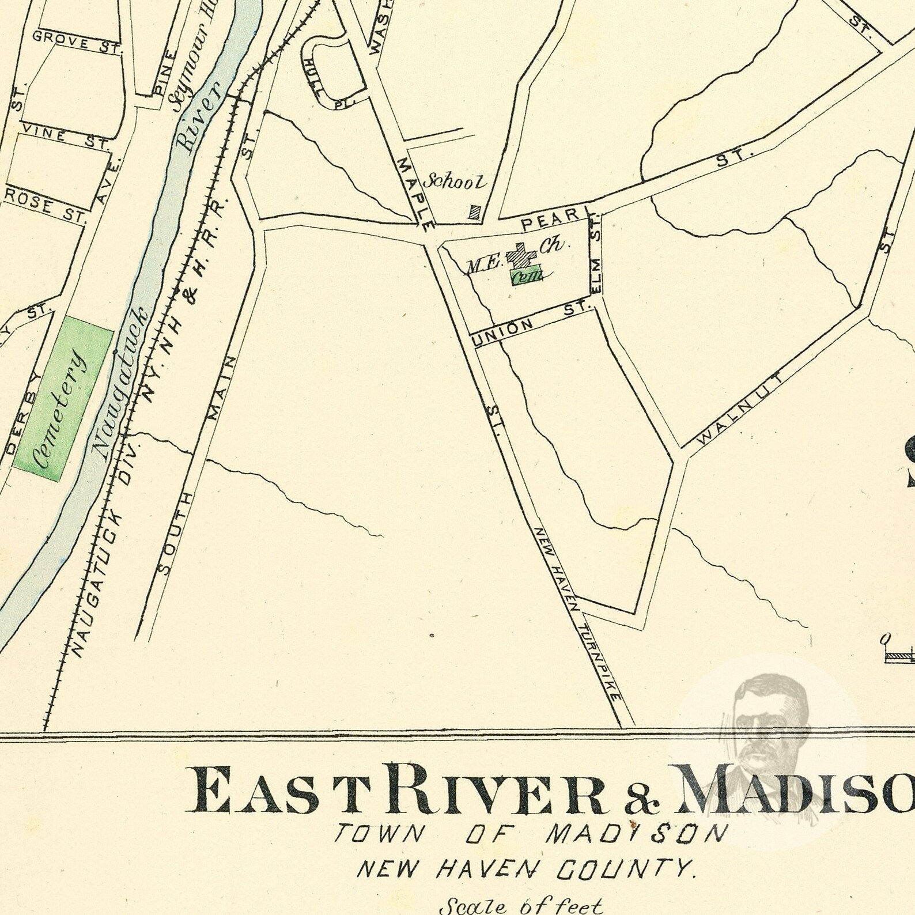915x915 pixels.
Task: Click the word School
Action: [x=455, y=182]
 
